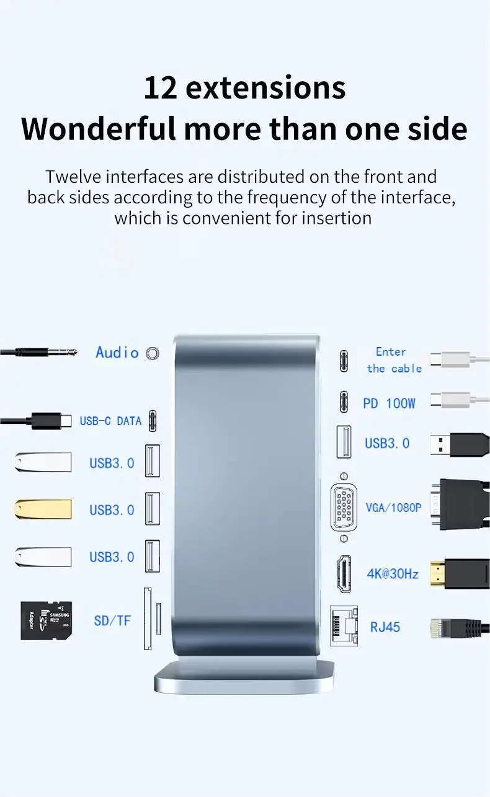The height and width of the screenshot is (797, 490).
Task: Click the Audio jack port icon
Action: (153, 353)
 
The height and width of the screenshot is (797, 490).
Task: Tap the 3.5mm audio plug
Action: (38, 352)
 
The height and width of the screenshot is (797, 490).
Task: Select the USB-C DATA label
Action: (110, 421)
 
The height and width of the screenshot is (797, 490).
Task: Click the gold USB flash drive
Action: (43, 509)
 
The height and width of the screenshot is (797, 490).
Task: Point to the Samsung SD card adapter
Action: (47, 621)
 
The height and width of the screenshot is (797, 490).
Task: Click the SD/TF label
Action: (112, 621)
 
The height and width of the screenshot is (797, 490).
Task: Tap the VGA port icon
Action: (344, 508)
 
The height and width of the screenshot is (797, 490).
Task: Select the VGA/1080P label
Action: (393, 508)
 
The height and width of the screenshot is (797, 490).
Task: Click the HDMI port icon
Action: (344, 574)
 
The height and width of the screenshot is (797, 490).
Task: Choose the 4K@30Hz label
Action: (393, 574)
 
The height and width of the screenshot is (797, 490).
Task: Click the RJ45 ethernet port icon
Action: (344, 626)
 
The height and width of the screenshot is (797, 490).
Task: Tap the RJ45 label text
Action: (385, 627)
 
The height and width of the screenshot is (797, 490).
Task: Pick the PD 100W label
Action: (389, 403)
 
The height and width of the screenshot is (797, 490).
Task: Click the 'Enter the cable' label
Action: (394, 360)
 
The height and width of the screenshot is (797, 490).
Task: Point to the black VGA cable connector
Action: (460, 504)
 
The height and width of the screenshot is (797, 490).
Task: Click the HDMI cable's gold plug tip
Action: (437, 573)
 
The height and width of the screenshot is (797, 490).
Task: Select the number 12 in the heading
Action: (161, 88)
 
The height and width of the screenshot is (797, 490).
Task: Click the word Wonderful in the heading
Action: (99, 128)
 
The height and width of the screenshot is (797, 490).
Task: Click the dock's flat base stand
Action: (244, 676)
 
